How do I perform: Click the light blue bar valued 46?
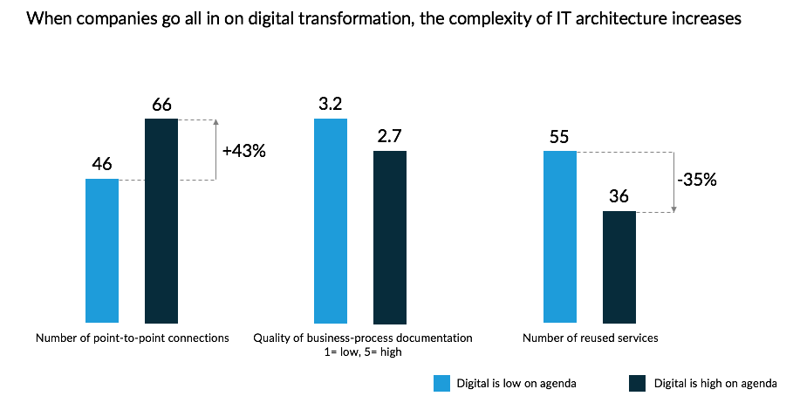(102, 251)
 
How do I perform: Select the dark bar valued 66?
(161, 222)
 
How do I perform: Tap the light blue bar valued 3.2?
(330, 222)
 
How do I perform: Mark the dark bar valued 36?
(619, 268)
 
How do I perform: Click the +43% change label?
(243, 151)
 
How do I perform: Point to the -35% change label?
(697, 181)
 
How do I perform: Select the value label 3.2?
(330, 105)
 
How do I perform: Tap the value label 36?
(619, 196)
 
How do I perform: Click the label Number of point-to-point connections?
(132, 338)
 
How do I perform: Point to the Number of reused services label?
(590, 338)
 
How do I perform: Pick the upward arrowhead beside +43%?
(215, 122)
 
